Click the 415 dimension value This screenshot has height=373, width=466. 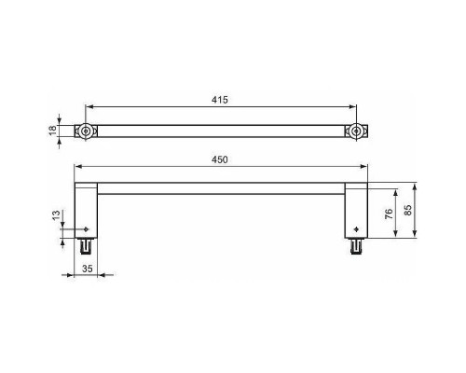[x=221, y=99]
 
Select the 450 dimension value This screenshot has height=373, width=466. [x=221, y=160]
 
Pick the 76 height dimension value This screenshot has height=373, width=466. [x=388, y=214]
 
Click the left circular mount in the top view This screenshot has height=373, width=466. [x=86, y=132]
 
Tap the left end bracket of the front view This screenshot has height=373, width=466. [x=86, y=209]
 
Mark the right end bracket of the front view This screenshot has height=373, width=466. [x=357, y=209]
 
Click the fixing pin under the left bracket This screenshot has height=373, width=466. [x=86, y=247]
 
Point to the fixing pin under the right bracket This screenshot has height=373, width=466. [x=356, y=247]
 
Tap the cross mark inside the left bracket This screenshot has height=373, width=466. [x=87, y=228]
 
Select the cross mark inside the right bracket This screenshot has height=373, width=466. [x=356, y=228]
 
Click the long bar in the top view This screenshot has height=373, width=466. [x=221, y=132]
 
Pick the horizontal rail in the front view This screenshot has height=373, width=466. [x=221, y=187]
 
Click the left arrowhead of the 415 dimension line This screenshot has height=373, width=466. [x=89, y=106]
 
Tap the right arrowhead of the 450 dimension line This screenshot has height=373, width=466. [x=366, y=168]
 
